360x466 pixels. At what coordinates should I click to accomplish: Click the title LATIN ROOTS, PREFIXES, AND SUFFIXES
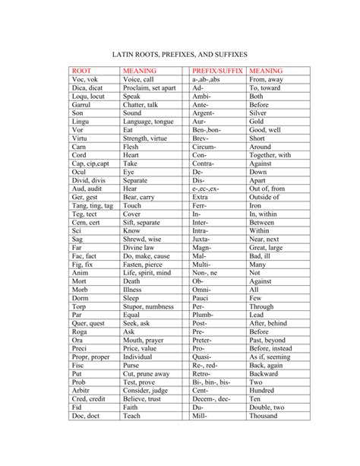pos(180,55)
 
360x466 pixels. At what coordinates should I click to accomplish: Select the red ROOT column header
pos(81,71)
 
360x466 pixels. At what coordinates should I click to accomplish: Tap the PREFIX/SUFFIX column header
pos(216,71)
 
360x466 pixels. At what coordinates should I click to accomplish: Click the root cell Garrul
pos(82,104)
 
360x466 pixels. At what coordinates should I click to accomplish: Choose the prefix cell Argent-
pos(204,113)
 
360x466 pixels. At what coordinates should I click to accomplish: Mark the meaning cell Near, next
pos(264,239)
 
